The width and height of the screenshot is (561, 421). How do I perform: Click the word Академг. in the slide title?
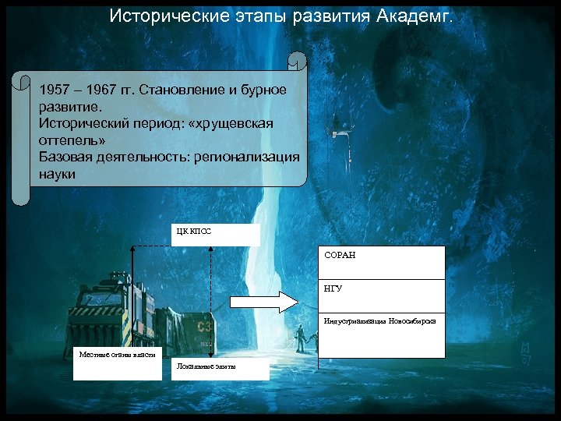coord(415,16)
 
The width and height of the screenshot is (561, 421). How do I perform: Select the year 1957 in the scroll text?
coord(55,90)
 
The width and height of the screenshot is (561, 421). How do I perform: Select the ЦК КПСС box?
coord(215,234)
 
